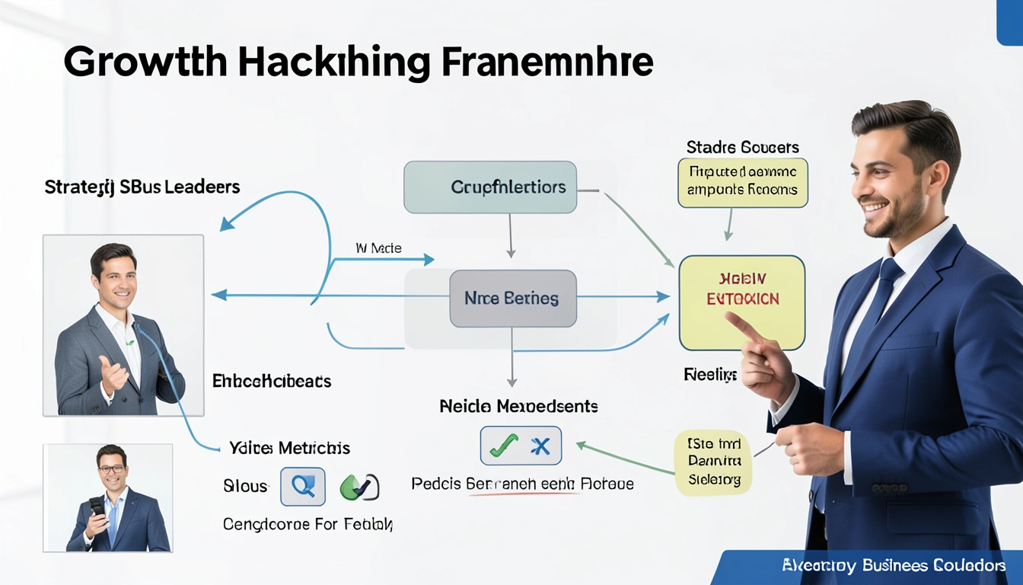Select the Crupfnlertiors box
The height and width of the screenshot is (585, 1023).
click(490, 187)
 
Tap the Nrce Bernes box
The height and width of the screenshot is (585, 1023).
click(512, 299)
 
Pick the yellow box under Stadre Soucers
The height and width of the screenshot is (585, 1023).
click(742, 183)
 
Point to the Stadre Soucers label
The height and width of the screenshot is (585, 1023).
click(742, 147)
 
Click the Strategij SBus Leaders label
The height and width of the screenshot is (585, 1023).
click(142, 187)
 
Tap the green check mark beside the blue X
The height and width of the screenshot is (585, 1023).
click(504, 446)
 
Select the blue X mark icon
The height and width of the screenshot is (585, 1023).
click(540, 446)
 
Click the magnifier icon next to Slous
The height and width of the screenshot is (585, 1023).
click(303, 486)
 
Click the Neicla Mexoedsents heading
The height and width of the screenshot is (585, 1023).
click(518, 407)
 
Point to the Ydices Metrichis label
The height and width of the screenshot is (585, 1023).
click(289, 448)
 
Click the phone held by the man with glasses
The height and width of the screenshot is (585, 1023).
click(97, 507)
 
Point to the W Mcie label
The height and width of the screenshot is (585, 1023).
click(378, 248)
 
